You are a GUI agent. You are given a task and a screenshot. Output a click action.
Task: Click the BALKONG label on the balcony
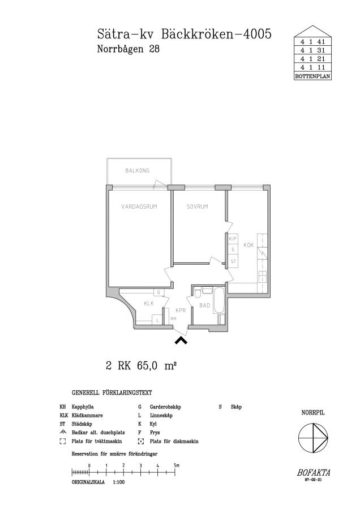tap(137, 170)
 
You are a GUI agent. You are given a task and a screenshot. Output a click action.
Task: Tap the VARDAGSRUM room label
tap(139, 206)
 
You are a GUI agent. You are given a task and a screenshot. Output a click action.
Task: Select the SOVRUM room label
tap(197, 206)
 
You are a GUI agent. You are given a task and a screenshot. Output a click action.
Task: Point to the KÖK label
tap(248, 245)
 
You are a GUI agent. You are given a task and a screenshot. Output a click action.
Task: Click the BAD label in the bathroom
tap(205, 305)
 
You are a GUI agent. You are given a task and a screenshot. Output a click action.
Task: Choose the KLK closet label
tap(149, 304)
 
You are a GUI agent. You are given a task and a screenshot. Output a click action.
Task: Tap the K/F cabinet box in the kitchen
tap(233, 239)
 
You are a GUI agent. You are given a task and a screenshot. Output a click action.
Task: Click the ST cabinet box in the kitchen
tap(233, 261)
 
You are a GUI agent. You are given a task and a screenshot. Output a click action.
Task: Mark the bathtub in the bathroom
tap(218, 300)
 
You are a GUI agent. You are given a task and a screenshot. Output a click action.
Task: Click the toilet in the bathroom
tap(198, 292)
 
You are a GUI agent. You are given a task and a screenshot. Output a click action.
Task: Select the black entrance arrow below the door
tap(181, 340)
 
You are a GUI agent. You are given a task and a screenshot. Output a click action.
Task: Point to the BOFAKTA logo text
tap(313, 473)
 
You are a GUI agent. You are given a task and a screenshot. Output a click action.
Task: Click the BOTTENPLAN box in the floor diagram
tap(312, 76)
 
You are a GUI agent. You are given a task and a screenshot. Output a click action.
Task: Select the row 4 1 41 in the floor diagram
tap(312, 41)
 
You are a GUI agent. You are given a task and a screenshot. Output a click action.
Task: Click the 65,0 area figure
tap(147, 366)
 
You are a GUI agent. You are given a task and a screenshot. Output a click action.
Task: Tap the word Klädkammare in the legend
tap(87, 416)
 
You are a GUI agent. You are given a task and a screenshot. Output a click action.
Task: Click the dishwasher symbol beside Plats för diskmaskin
tap(141, 442)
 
